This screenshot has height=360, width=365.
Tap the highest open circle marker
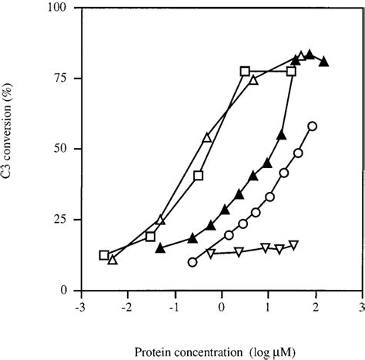[312, 126]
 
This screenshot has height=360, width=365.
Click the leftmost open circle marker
[192, 262]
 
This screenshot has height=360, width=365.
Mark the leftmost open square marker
[104, 255]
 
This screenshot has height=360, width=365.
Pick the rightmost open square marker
[291, 71]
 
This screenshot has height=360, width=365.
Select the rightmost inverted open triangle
[293, 245]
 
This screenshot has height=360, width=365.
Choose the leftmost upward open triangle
[112, 260]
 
